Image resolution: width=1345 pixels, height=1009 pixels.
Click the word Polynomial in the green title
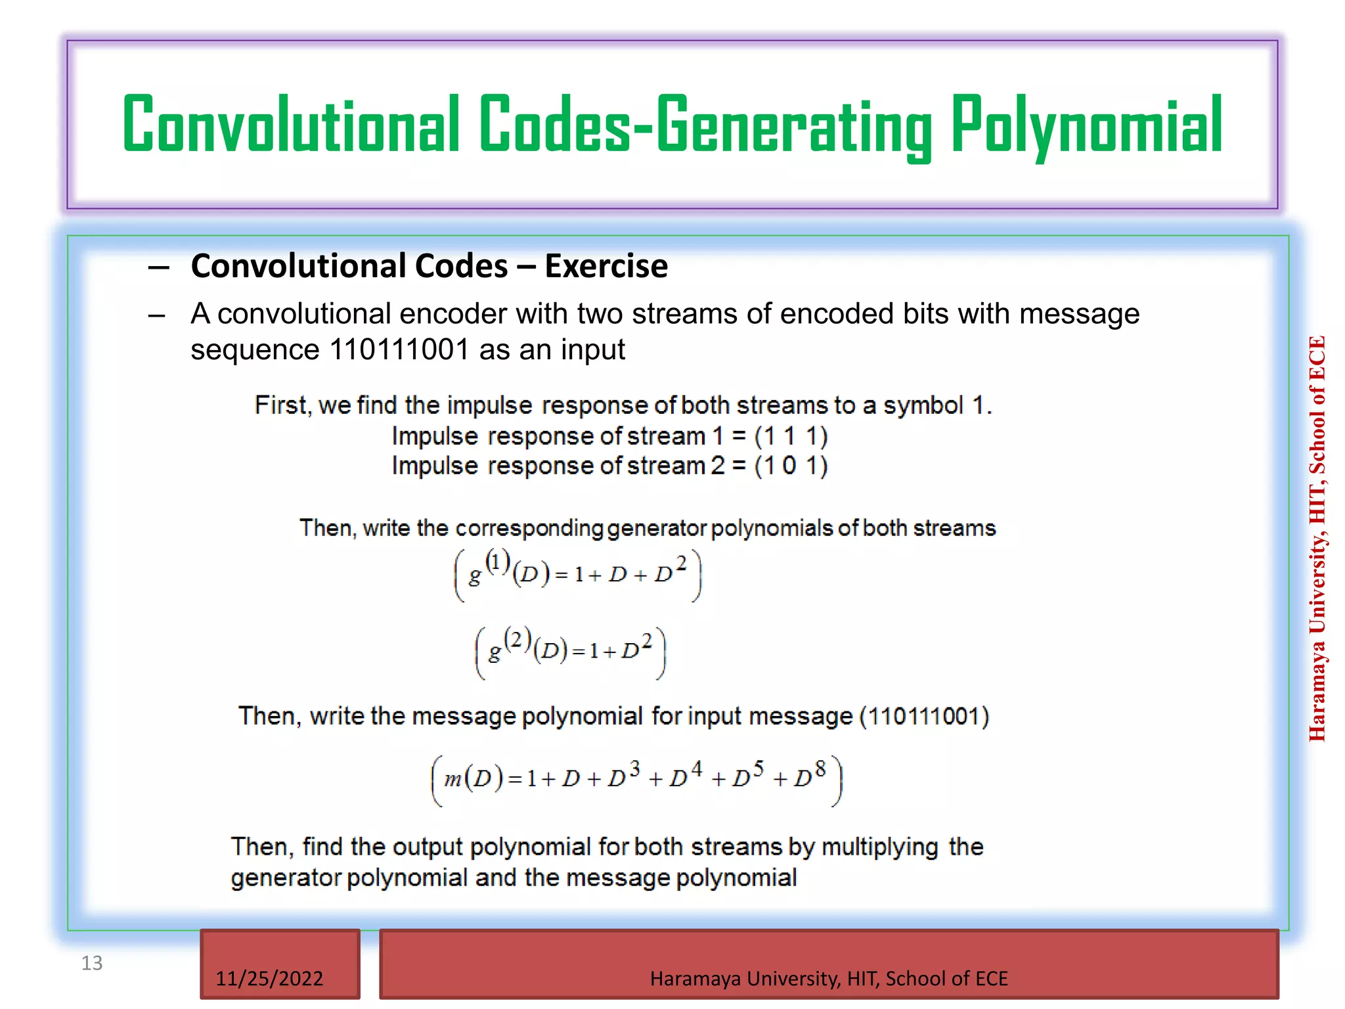[1087, 125]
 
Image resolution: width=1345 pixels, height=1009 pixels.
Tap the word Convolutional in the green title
[290, 125]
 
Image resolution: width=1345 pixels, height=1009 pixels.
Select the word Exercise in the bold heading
[606, 266]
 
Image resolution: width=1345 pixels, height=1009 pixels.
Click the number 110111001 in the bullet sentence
[399, 349]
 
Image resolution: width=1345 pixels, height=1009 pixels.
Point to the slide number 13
[92, 963]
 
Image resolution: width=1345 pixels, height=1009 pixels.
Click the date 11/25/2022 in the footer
[269, 978]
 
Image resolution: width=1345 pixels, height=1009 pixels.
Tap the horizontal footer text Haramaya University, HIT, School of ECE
[829, 978]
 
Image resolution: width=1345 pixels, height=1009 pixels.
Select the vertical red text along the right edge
[1317, 539]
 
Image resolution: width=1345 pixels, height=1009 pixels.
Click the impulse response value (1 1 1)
[791, 436]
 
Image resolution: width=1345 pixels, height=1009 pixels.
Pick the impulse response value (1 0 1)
[791, 466]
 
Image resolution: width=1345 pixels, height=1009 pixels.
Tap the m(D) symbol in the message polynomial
[473, 779]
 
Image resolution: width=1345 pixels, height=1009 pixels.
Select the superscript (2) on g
[518, 639]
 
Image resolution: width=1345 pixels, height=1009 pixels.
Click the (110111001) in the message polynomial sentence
[924, 716]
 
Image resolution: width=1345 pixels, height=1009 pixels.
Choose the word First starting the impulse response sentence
[280, 405]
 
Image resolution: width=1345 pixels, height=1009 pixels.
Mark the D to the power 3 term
[623, 776]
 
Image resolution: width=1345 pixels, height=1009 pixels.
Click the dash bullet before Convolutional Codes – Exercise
[158, 267]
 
